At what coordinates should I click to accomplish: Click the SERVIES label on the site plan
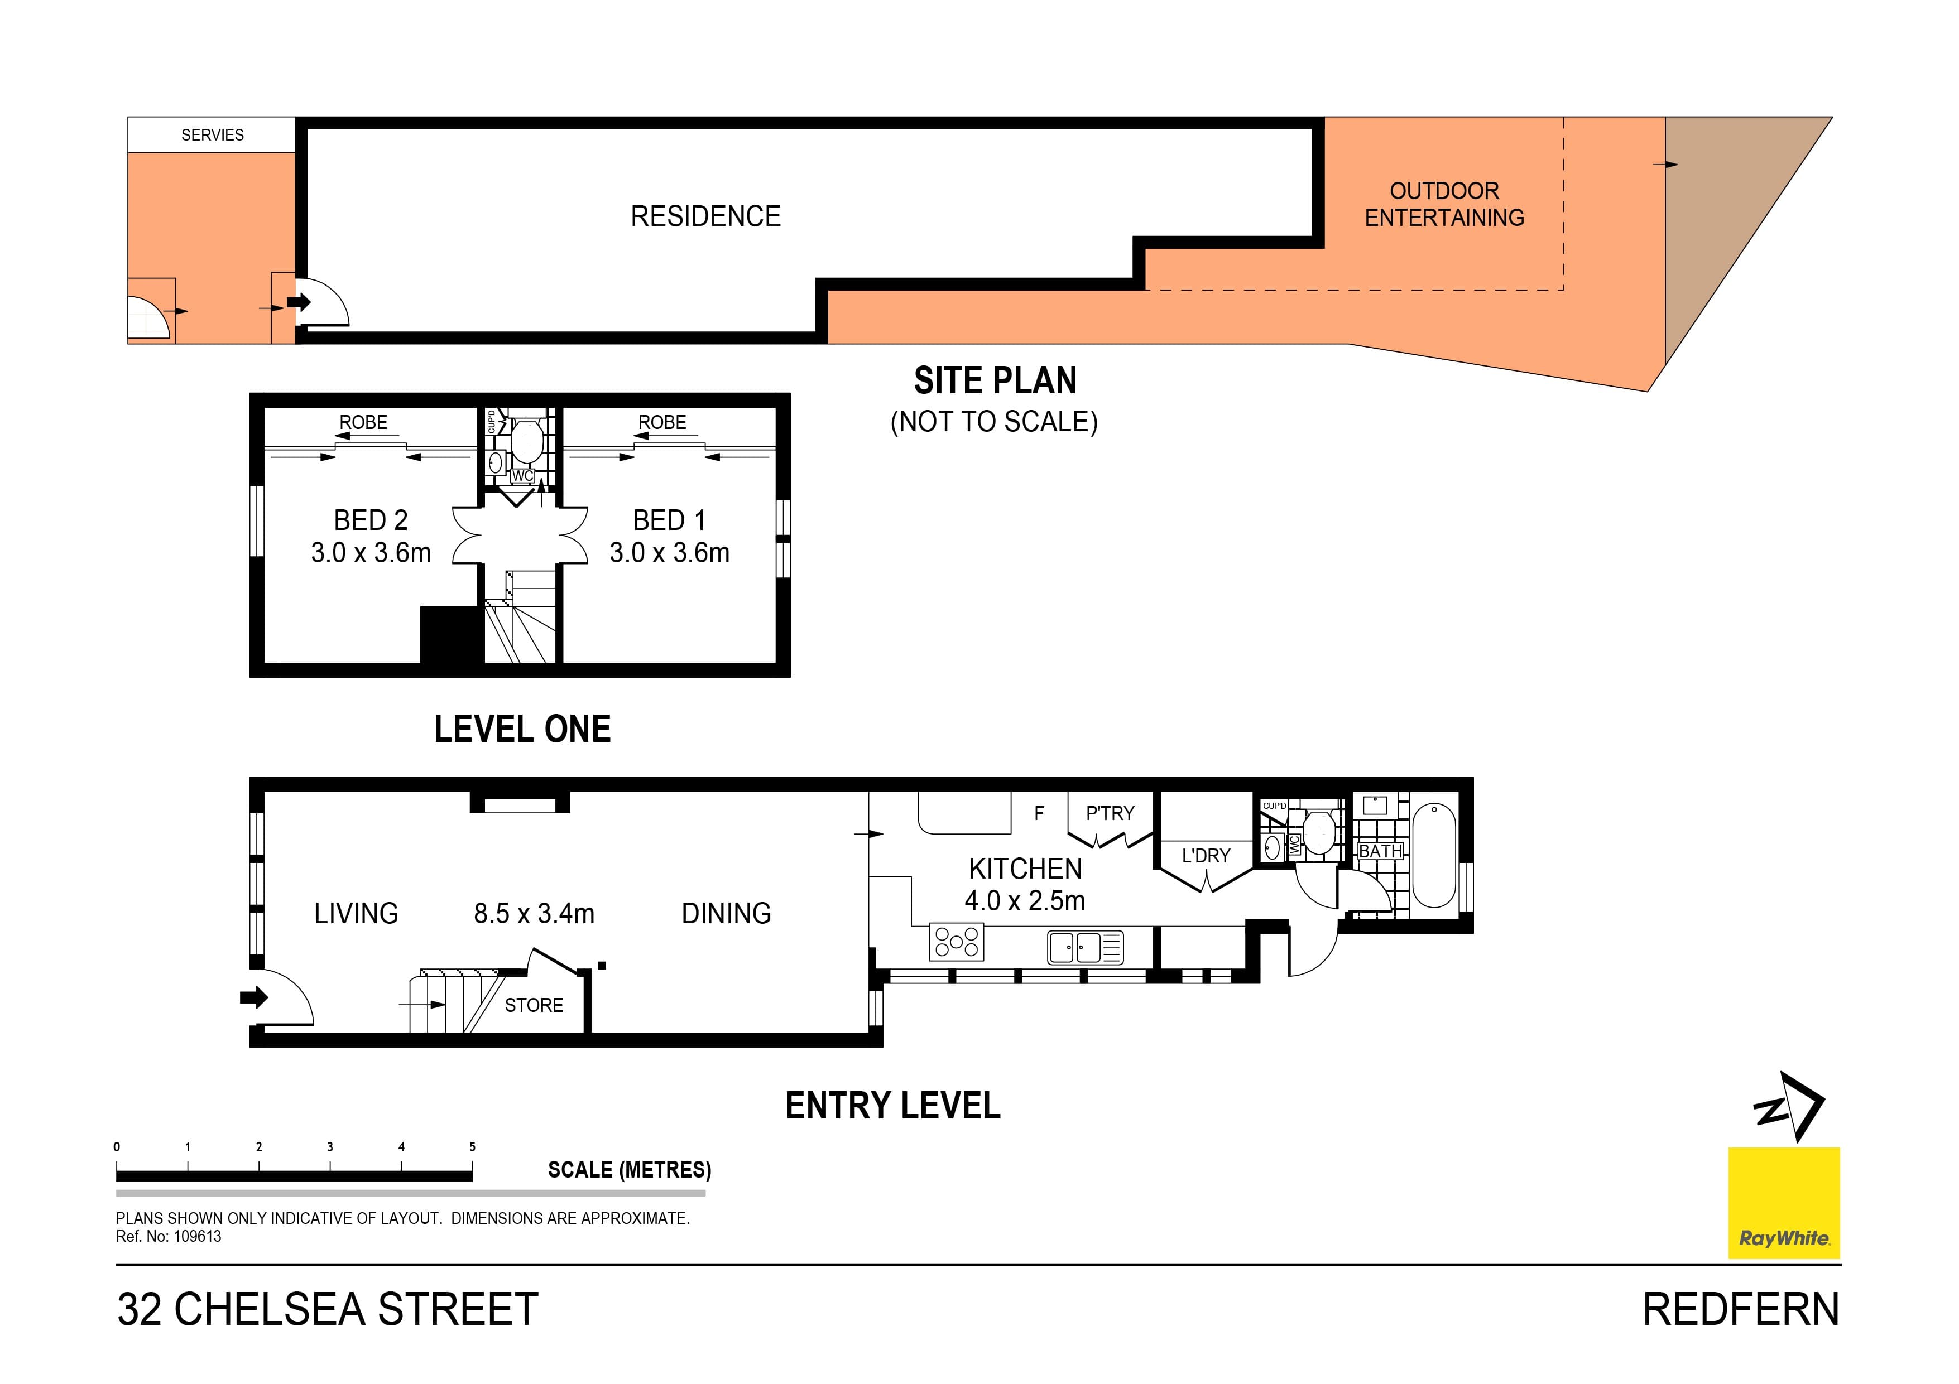(x=213, y=135)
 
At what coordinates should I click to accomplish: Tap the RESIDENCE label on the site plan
(x=705, y=216)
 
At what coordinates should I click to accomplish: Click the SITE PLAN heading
(x=995, y=380)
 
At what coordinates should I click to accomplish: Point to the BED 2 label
(x=370, y=520)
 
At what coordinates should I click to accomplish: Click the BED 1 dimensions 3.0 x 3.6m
(x=669, y=553)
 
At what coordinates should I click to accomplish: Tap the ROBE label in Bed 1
(x=661, y=422)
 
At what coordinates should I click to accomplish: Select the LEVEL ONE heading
(x=522, y=729)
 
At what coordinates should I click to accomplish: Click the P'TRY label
(x=1109, y=813)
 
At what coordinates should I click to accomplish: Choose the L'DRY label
(x=1206, y=855)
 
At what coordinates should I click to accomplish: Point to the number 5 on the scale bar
(x=472, y=1147)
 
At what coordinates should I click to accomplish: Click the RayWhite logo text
(x=1783, y=1238)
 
